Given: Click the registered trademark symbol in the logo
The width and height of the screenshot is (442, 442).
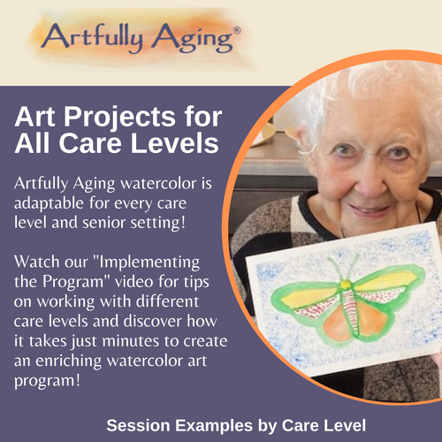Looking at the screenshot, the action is tap(237, 31).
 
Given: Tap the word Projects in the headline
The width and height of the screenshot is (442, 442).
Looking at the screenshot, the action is tap(120, 117).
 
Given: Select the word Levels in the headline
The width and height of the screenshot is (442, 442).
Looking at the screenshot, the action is tap(174, 143).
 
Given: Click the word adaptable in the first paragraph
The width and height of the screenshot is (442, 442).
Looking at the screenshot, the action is tap(49, 203).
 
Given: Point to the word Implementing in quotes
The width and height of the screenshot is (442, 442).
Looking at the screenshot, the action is tap(149, 263).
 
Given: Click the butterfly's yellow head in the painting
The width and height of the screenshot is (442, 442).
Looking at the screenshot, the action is tap(345, 284).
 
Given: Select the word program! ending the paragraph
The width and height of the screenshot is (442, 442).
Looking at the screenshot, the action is tap(47, 381).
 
